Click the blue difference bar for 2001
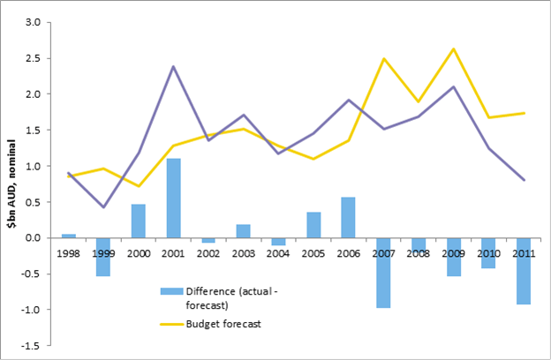174,198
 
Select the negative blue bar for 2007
384,273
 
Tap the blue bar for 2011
525,271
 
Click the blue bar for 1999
103,257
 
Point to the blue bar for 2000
139,221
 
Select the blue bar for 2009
454,257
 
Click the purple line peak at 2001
174,66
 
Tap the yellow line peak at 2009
454,49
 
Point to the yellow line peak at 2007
384,58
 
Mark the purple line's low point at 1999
103,206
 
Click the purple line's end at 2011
525,180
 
